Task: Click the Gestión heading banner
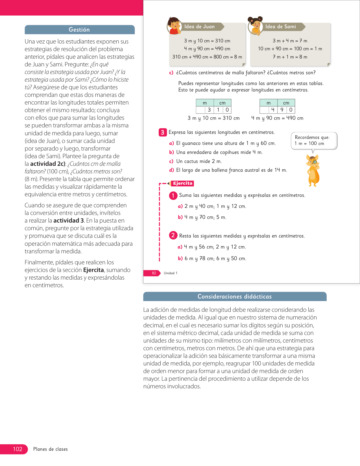click(x=79, y=30)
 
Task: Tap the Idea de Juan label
click(x=200, y=27)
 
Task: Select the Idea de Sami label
click(x=281, y=27)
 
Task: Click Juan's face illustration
click(x=174, y=25)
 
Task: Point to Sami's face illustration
click(x=255, y=25)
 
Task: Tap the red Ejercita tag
click(x=183, y=183)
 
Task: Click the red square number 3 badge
click(x=162, y=132)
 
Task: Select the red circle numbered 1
click(x=173, y=195)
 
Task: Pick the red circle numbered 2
click(x=173, y=235)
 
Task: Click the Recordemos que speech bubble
click(x=314, y=140)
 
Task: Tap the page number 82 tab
click(x=154, y=273)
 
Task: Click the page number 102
click(x=18, y=449)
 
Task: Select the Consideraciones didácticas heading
click(x=235, y=297)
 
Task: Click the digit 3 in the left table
click(x=209, y=110)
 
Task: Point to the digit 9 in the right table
click(x=282, y=110)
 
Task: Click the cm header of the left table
click(x=222, y=103)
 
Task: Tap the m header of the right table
click(x=269, y=103)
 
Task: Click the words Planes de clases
click(x=51, y=449)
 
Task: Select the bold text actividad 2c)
click(x=48, y=164)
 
